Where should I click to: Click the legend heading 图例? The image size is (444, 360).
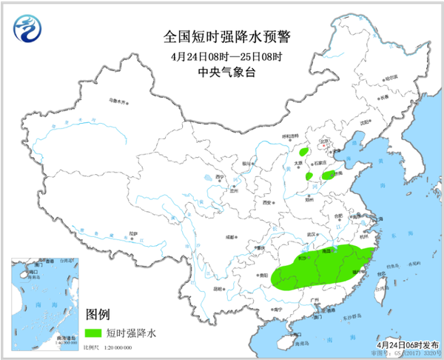(99, 315)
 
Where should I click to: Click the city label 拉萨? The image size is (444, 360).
(132, 233)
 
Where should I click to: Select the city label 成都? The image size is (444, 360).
(231, 238)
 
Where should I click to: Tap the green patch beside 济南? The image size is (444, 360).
(329, 176)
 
